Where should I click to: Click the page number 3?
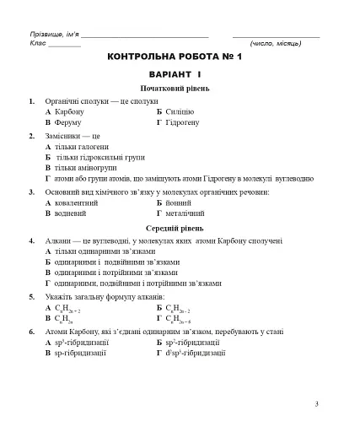pos(316,404)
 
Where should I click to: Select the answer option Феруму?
pos(68,122)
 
